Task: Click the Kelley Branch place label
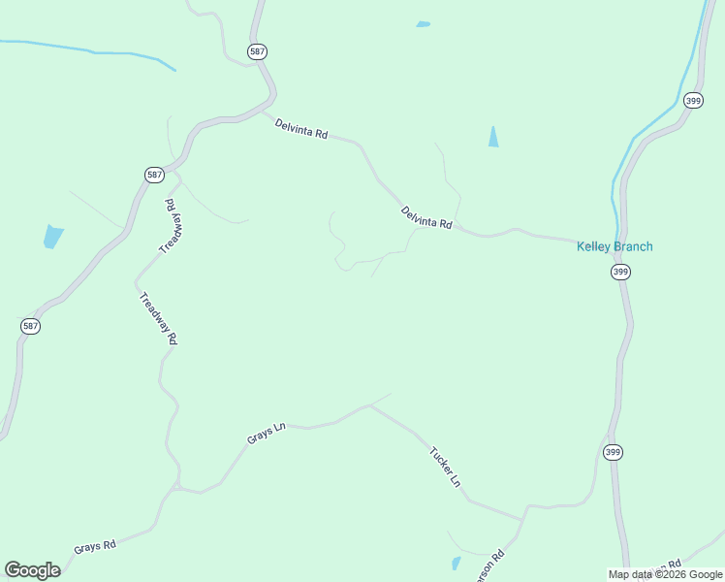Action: tap(615, 246)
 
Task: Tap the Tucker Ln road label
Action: tap(445, 467)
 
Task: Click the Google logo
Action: tap(32, 570)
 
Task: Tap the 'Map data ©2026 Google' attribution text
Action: tap(665, 574)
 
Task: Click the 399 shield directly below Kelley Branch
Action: tap(620, 273)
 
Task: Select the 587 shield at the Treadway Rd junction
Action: tap(154, 175)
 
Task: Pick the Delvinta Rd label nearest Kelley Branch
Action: tap(426, 217)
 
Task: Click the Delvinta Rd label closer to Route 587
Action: tap(300, 127)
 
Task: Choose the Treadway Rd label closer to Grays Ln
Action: tap(158, 319)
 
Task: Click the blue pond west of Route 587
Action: tap(53, 236)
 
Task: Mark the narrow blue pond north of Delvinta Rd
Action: tap(493, 137)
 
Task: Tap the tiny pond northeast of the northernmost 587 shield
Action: tap(423, 24)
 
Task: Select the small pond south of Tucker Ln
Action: tap(457, 563)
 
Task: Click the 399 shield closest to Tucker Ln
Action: tap(613, 452)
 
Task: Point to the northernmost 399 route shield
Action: tap(692, 100)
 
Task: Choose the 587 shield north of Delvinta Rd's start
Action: tap(256, 51)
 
